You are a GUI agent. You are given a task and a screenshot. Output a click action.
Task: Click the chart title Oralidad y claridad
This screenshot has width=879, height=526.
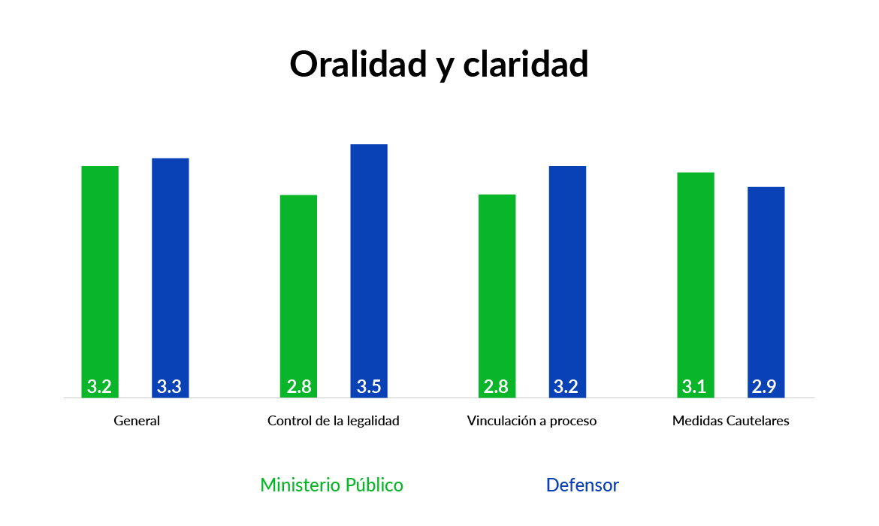(x=439, y=65)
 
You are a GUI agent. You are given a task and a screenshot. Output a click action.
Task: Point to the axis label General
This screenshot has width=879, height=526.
(x=137, y=421)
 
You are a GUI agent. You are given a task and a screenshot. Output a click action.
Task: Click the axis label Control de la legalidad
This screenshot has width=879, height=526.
(x=334, y=421)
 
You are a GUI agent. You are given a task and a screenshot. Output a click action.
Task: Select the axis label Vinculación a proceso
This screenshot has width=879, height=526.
(x=532, y=421)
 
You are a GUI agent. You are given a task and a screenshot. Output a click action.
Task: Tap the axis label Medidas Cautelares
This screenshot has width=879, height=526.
(x=731, y=421)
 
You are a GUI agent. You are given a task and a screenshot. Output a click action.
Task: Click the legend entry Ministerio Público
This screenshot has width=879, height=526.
(x=331, y=485)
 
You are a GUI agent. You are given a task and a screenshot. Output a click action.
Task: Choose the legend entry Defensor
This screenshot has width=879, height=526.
(x=582, y=485)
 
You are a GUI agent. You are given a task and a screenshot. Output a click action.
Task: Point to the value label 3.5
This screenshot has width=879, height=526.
(x=369, y=387)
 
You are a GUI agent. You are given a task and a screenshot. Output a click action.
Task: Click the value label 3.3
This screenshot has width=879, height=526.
(x=170, y=387)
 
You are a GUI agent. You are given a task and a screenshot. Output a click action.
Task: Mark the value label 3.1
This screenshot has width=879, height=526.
(x=695, y=387)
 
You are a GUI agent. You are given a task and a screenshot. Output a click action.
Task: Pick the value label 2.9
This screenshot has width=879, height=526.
(x=766, y=387)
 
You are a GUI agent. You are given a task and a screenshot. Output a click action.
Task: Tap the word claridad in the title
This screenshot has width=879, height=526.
(x=525, y=65)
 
